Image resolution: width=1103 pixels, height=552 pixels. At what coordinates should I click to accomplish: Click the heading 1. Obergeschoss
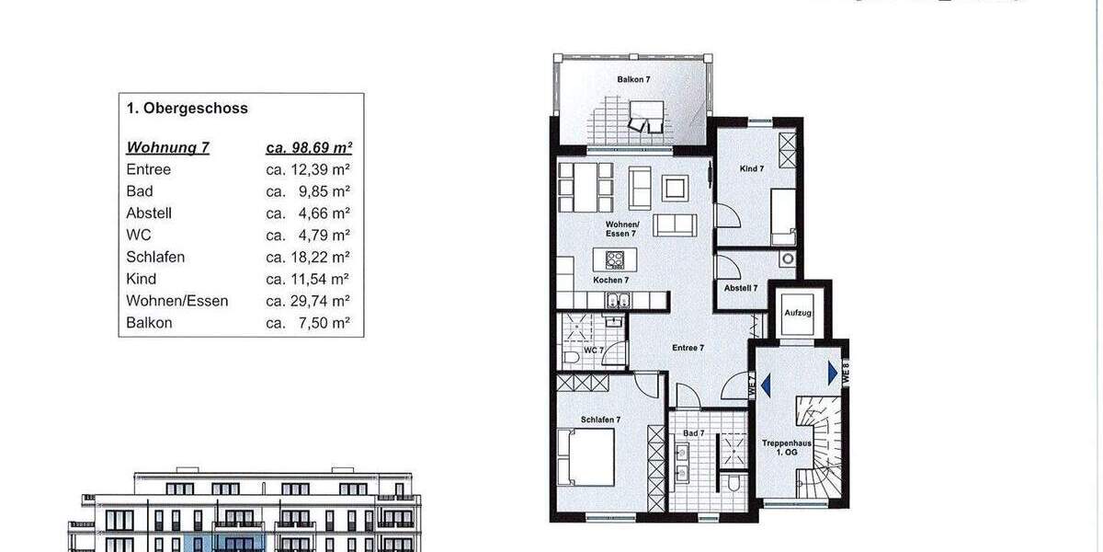188,109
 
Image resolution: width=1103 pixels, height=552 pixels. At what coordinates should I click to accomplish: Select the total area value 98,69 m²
310,147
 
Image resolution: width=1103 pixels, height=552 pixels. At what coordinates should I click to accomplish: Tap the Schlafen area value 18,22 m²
308,257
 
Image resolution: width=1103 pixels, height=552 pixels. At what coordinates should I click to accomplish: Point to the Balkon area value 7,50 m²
308,323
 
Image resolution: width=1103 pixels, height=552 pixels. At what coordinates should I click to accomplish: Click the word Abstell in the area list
149,213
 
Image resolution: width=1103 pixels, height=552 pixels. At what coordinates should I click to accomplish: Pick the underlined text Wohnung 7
168,147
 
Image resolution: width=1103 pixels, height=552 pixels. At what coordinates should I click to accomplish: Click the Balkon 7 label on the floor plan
633,80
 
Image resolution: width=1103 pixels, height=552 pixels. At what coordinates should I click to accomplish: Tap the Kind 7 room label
752,168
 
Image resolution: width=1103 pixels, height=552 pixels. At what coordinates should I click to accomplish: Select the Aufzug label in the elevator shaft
797,313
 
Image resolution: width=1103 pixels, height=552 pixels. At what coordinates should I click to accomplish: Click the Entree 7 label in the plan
688,348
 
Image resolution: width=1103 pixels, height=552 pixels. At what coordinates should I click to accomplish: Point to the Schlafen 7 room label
600,420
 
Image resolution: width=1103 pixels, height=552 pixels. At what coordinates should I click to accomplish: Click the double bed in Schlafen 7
588,456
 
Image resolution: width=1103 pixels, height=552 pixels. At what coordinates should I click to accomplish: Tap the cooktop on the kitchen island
615,259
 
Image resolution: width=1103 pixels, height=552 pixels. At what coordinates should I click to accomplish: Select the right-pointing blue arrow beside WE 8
832,373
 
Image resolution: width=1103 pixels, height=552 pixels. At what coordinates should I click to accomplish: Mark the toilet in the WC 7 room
569,355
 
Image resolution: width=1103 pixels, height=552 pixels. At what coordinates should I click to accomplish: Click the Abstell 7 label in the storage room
741,288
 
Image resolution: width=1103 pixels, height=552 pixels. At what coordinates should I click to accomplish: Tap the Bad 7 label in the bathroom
693,432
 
